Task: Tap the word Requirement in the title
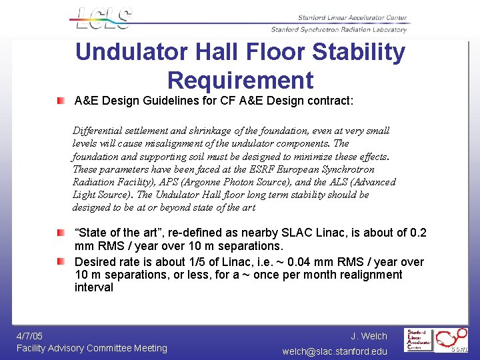coord(240,80)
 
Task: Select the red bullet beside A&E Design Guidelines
coord(61,101)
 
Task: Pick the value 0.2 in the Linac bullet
coord(418,233)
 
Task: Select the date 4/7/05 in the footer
coord(30,335)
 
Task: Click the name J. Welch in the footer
coord(369,335)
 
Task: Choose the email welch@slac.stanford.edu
coord(335,351)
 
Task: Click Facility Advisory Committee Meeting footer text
coord(92,348)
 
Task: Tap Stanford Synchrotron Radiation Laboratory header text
coord(339,30)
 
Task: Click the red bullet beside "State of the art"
coord(61,233)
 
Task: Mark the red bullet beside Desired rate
coord(61,261)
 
